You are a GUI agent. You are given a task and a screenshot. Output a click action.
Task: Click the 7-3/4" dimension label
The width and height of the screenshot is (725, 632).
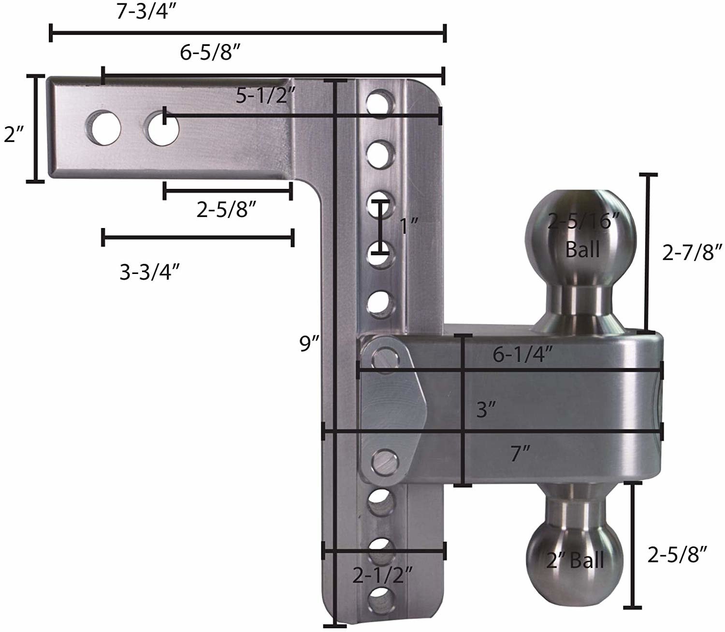pyautogui.click(x=145, y=12)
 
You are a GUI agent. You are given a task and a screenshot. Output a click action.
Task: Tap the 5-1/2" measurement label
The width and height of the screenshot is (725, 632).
pyautogui.click(x=265, y=97)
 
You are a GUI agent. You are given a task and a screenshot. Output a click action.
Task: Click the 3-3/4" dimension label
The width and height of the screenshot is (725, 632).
pyautogui.click(x=150, y=273)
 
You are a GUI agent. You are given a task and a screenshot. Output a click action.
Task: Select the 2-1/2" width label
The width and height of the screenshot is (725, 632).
pyautogui.click(x=382, y=575)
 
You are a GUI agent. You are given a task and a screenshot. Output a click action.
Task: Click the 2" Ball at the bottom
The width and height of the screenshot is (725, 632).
pyautogui.click(x=575, y=560)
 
